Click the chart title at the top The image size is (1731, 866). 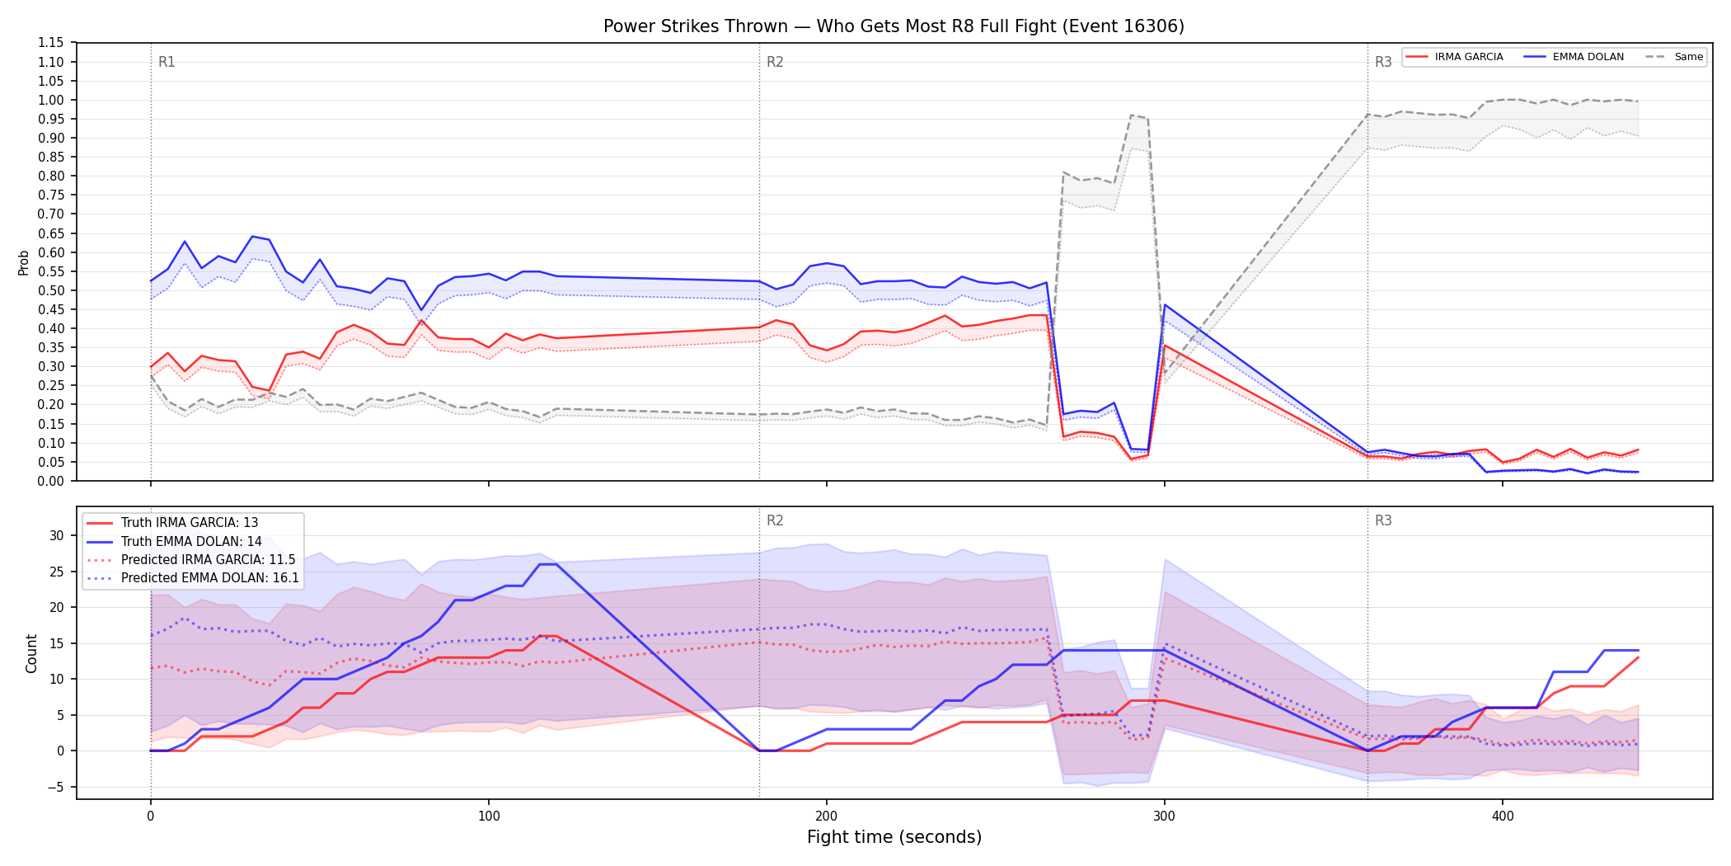point(894,26)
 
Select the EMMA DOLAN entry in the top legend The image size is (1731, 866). point(1574,57)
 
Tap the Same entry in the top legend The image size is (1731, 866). point(1674,57)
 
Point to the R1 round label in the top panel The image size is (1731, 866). point(167,62)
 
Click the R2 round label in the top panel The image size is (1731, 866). point(775,62)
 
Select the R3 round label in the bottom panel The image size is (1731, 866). point(1383,520)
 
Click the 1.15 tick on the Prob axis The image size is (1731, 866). point(50,43)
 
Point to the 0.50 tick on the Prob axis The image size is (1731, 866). point(50,290)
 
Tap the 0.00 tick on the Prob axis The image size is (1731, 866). point(50,481)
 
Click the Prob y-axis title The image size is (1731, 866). point(24,262)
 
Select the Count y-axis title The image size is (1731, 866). point(31,653)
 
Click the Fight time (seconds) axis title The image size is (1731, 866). point(894,837)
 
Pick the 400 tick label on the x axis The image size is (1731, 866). point(1503,817)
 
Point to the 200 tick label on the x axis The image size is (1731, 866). point(826,817)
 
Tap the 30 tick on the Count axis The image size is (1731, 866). point(56,535)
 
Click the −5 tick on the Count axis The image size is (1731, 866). point(56,787)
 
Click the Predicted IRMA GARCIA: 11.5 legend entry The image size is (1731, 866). point(191,559)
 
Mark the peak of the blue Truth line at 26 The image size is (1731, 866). point(547,564)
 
